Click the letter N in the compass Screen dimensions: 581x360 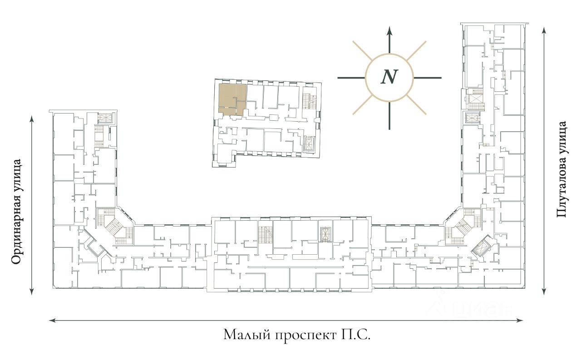pyautogui.click(x=389, y=77)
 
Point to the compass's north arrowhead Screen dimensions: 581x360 pyautogui.click(x=389, y=30)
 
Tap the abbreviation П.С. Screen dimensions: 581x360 pyautogui.click(x=355, y=335)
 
